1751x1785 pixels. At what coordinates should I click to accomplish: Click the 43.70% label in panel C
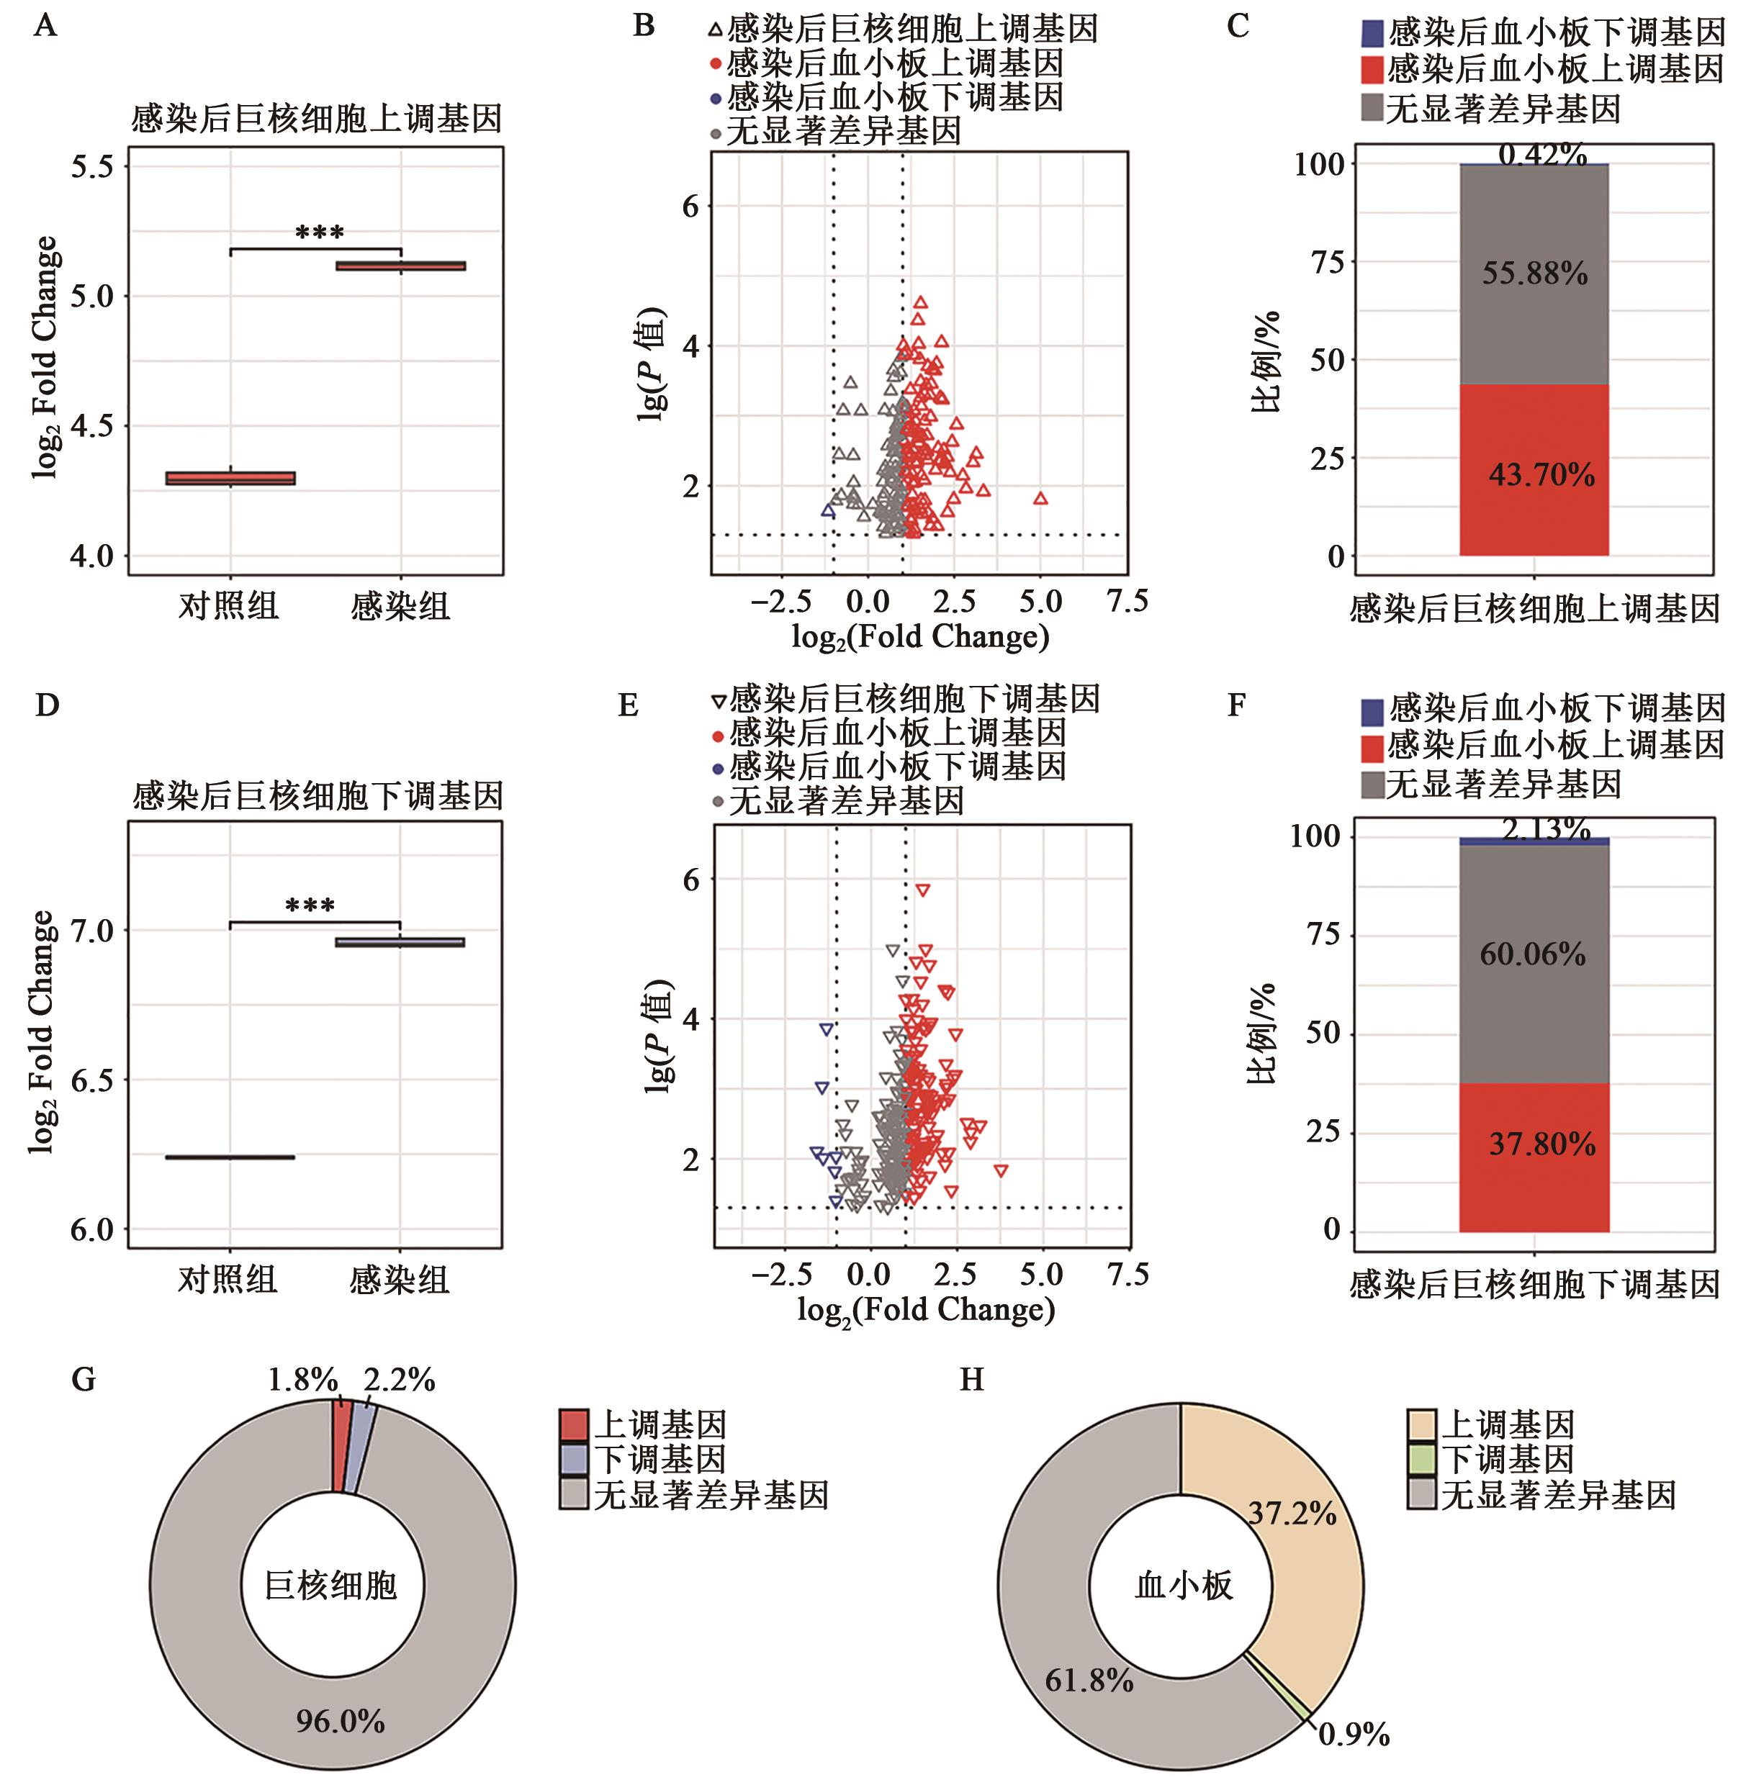1541,475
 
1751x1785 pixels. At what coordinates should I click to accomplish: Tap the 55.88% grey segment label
1534,273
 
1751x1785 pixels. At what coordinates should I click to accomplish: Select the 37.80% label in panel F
1541,1144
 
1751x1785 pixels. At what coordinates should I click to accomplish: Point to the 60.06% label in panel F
1532,955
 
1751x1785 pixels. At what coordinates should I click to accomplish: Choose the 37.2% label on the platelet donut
1292,1514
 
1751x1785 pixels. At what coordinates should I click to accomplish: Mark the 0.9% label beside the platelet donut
1354,1735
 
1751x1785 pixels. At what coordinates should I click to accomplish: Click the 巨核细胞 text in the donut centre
331,1586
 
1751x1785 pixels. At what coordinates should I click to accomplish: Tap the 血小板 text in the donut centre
1183,1586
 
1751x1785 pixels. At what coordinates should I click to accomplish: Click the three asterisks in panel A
319,233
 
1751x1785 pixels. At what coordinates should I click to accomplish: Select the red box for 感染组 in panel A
400,266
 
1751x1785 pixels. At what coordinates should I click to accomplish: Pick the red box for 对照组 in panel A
230,478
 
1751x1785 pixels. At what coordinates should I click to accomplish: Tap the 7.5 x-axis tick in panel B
1127,602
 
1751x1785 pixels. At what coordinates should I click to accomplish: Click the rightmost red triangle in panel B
1040,498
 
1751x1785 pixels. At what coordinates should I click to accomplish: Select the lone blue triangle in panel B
828,510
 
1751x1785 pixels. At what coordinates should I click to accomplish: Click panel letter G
84,1380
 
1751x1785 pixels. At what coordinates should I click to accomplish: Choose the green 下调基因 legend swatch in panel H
1422,1460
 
